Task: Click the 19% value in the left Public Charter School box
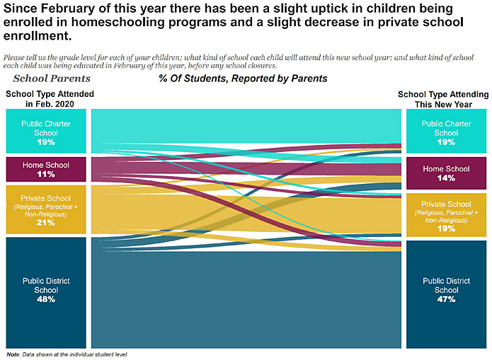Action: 46,141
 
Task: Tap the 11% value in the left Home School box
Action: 46,174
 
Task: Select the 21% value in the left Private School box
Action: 46,223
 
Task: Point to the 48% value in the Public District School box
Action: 46,299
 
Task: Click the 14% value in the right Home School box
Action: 446,178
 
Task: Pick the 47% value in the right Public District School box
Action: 446,299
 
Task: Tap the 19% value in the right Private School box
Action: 446,229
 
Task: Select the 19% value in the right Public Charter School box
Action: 446,141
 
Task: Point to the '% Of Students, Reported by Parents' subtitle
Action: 243,79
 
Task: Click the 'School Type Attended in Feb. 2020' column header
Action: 50,98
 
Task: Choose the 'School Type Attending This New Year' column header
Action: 445,98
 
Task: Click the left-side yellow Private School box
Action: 46,209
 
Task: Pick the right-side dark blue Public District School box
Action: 446,290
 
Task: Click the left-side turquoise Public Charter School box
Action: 46,131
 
